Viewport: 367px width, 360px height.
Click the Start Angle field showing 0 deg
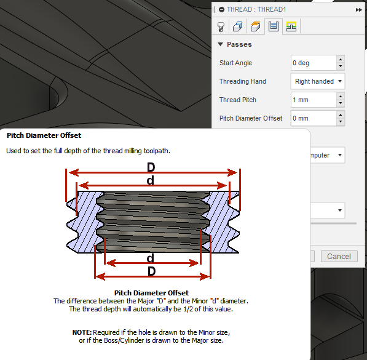click(x=313, y=63)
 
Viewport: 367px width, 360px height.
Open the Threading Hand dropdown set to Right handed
click(x=317, y=81)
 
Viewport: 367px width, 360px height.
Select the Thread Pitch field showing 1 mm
click(x=313, y=100)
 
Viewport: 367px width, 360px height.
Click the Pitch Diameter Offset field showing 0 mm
click(x=313, y=118)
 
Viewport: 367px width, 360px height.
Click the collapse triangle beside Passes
click(x=220, y=45)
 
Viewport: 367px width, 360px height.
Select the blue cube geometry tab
click(x=238, y=26)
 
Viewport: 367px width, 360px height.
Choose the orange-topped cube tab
click(x=256, y=26)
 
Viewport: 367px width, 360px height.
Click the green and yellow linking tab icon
click(x=291, y=26)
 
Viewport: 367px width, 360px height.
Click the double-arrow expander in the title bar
click(x=358, y=10)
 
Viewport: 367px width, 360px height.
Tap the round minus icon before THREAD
click(x=221, y=10)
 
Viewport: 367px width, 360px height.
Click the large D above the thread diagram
click(x=151, y=168)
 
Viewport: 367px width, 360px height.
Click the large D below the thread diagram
click(x=151, y=271)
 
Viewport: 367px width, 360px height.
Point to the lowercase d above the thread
click(x=151, y=180)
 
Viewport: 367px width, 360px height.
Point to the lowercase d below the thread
click(x=151, y=258)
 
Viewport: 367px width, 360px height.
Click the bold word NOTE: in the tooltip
click(x=82, y=332)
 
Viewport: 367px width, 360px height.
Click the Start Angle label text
click(x=235, y=63)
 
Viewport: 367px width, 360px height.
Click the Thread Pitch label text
click(x=237, y=100)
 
